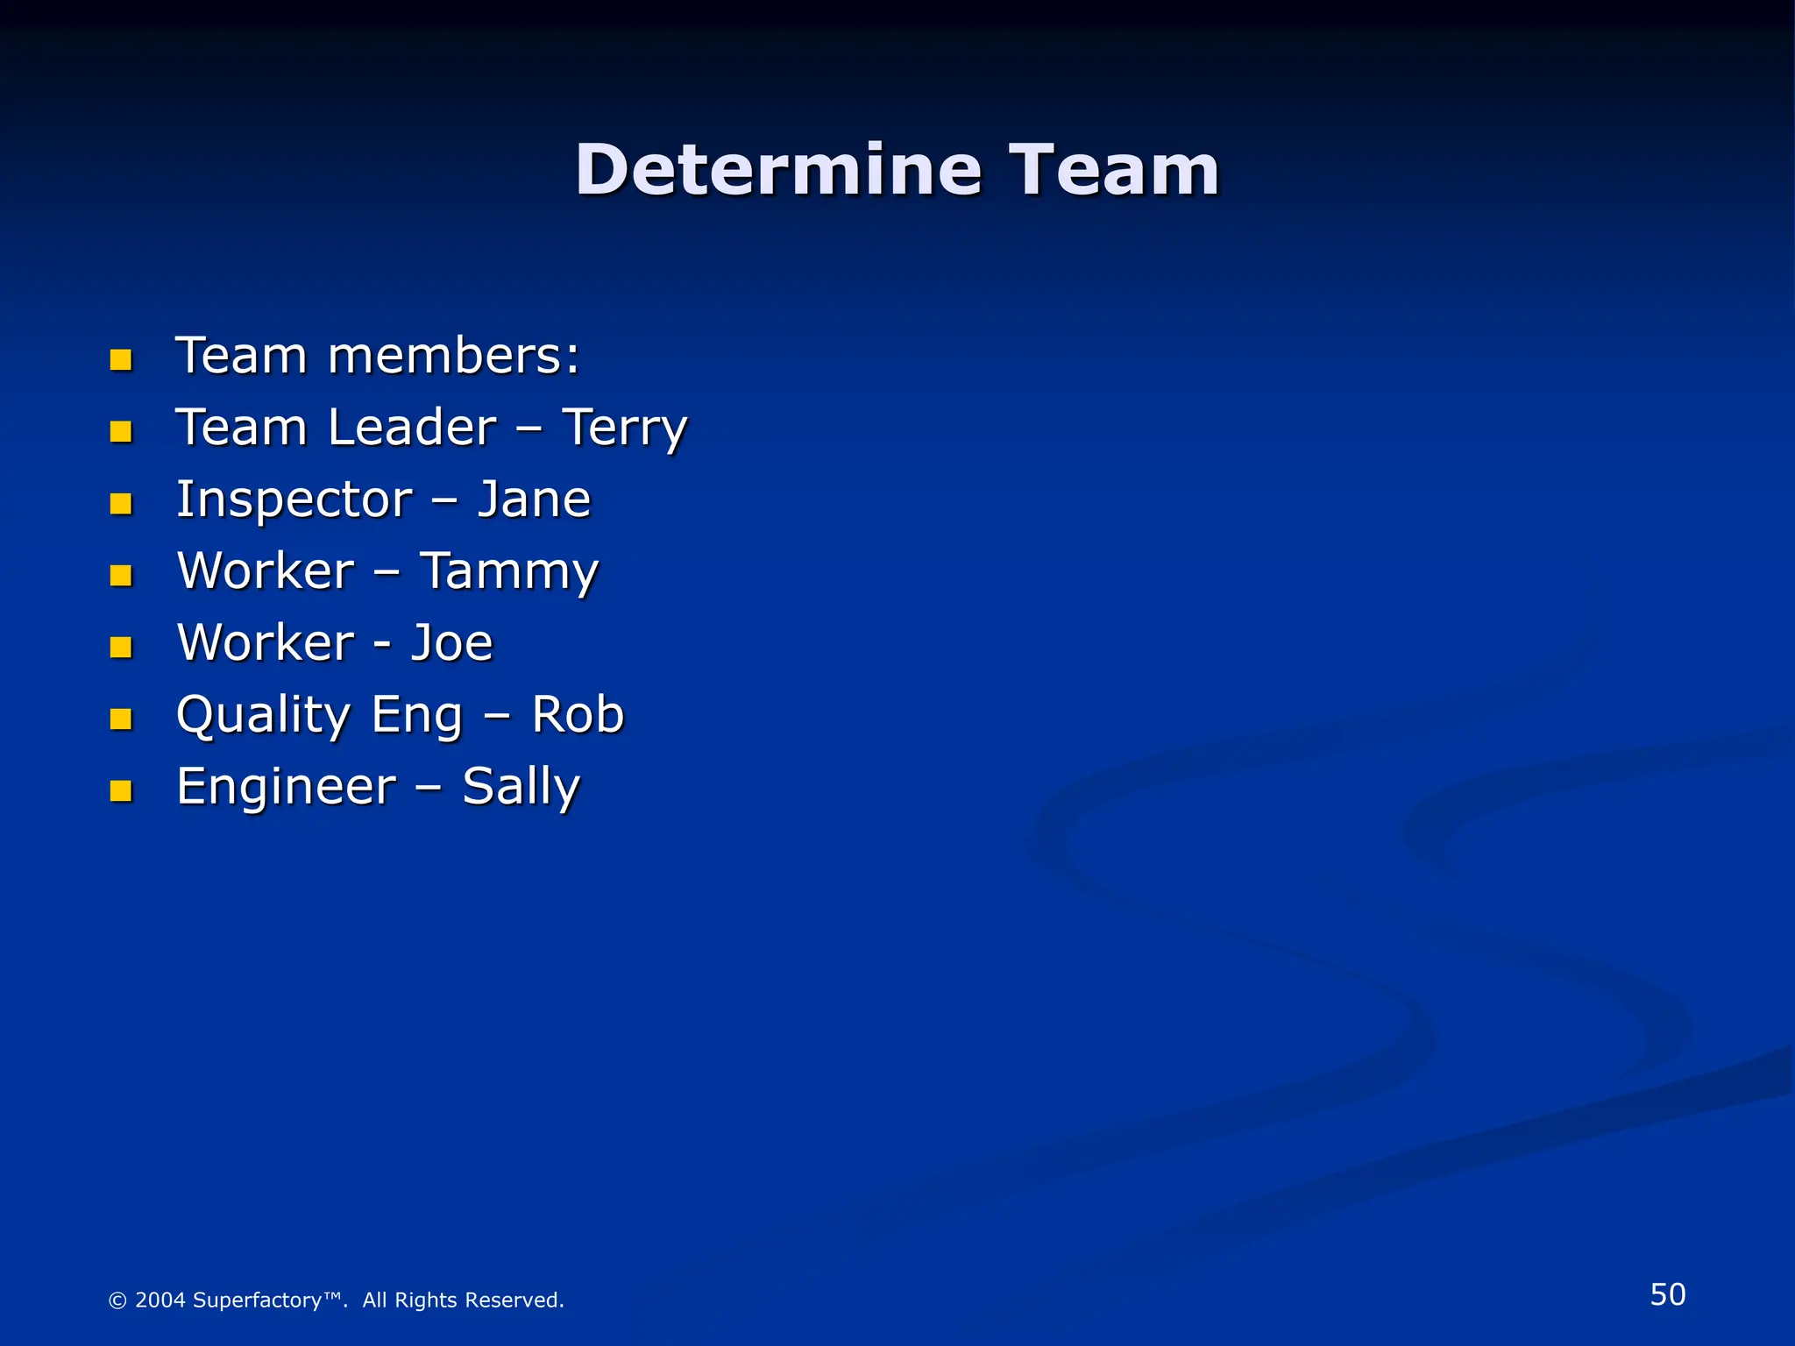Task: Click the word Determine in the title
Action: tap(778, 170)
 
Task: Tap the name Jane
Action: tap(534, 499)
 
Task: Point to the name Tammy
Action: tap(509, 571)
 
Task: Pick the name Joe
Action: tap(452, 643)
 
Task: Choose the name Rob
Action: tap(578, 715)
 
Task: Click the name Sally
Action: tap(521, 787)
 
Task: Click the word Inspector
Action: tap(294, 499)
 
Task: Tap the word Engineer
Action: tap(286, 787)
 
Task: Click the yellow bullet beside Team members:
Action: tap(121, 359)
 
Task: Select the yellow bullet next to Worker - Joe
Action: tap(121, 647)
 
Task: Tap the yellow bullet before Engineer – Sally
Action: tap(121, 790)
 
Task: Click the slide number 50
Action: tap(1667, 1294)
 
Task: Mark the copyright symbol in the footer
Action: tap(117, 1300)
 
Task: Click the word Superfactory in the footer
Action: tap(257, 1300)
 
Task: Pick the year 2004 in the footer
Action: tap(160, 1300)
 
